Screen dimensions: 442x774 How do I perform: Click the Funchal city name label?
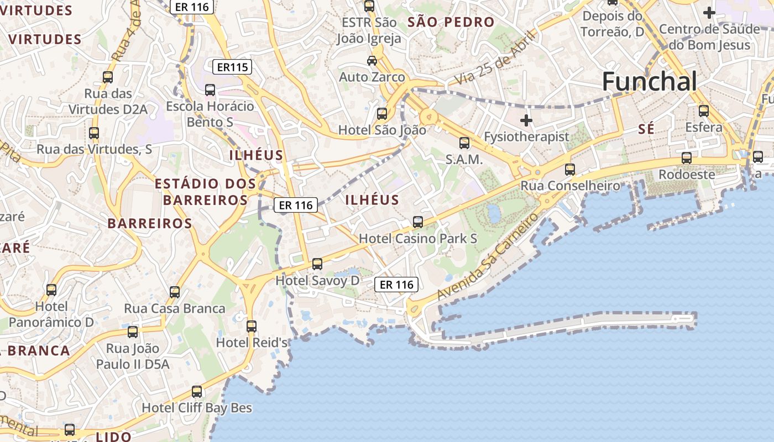coord(649,82)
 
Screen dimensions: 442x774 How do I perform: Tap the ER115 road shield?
coord(232,67)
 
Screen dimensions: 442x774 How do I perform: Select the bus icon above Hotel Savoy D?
coord(317,264)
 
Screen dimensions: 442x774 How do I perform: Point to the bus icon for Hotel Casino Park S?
coord(418,222)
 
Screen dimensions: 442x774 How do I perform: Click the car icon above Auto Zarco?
coord(372,60)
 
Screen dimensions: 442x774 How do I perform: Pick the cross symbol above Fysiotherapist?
coord(526,120)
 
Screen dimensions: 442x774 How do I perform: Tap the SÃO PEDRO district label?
coord(451,23)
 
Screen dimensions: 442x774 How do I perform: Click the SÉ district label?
coord(646,129)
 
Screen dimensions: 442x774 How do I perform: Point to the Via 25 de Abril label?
coord(495,59)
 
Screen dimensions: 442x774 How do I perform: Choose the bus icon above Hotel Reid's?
coord(252,326)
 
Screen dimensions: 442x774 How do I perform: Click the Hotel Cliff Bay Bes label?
coord(197,408)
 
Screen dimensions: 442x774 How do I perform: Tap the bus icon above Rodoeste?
coord(686,158)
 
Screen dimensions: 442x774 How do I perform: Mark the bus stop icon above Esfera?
coord(703,111)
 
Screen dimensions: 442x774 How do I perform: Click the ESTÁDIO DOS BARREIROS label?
coord(205,192)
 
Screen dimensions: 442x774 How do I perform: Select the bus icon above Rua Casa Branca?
coord(175,292)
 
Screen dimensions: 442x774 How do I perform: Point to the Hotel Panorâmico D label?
coord(51,314)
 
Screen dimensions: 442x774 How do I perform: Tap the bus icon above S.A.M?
coord(464,143)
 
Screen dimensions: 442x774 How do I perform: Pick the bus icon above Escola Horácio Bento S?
coord(210,90)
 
